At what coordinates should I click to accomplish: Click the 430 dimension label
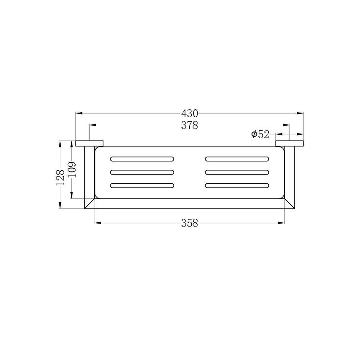[x=189, y=113]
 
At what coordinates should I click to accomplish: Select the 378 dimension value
[x=189, y=125]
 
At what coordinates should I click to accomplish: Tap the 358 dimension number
[x=189, y=223]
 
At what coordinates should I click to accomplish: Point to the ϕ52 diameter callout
[x=260, y=134]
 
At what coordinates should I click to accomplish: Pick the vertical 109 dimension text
[x=72, y=170]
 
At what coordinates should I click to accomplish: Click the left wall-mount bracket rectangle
[x=90, y=144]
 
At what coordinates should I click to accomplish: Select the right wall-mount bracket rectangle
[x=290, y=144]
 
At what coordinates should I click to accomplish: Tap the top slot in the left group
[x=142, y=159]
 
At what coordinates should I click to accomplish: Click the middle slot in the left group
[x=142, y=172]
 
